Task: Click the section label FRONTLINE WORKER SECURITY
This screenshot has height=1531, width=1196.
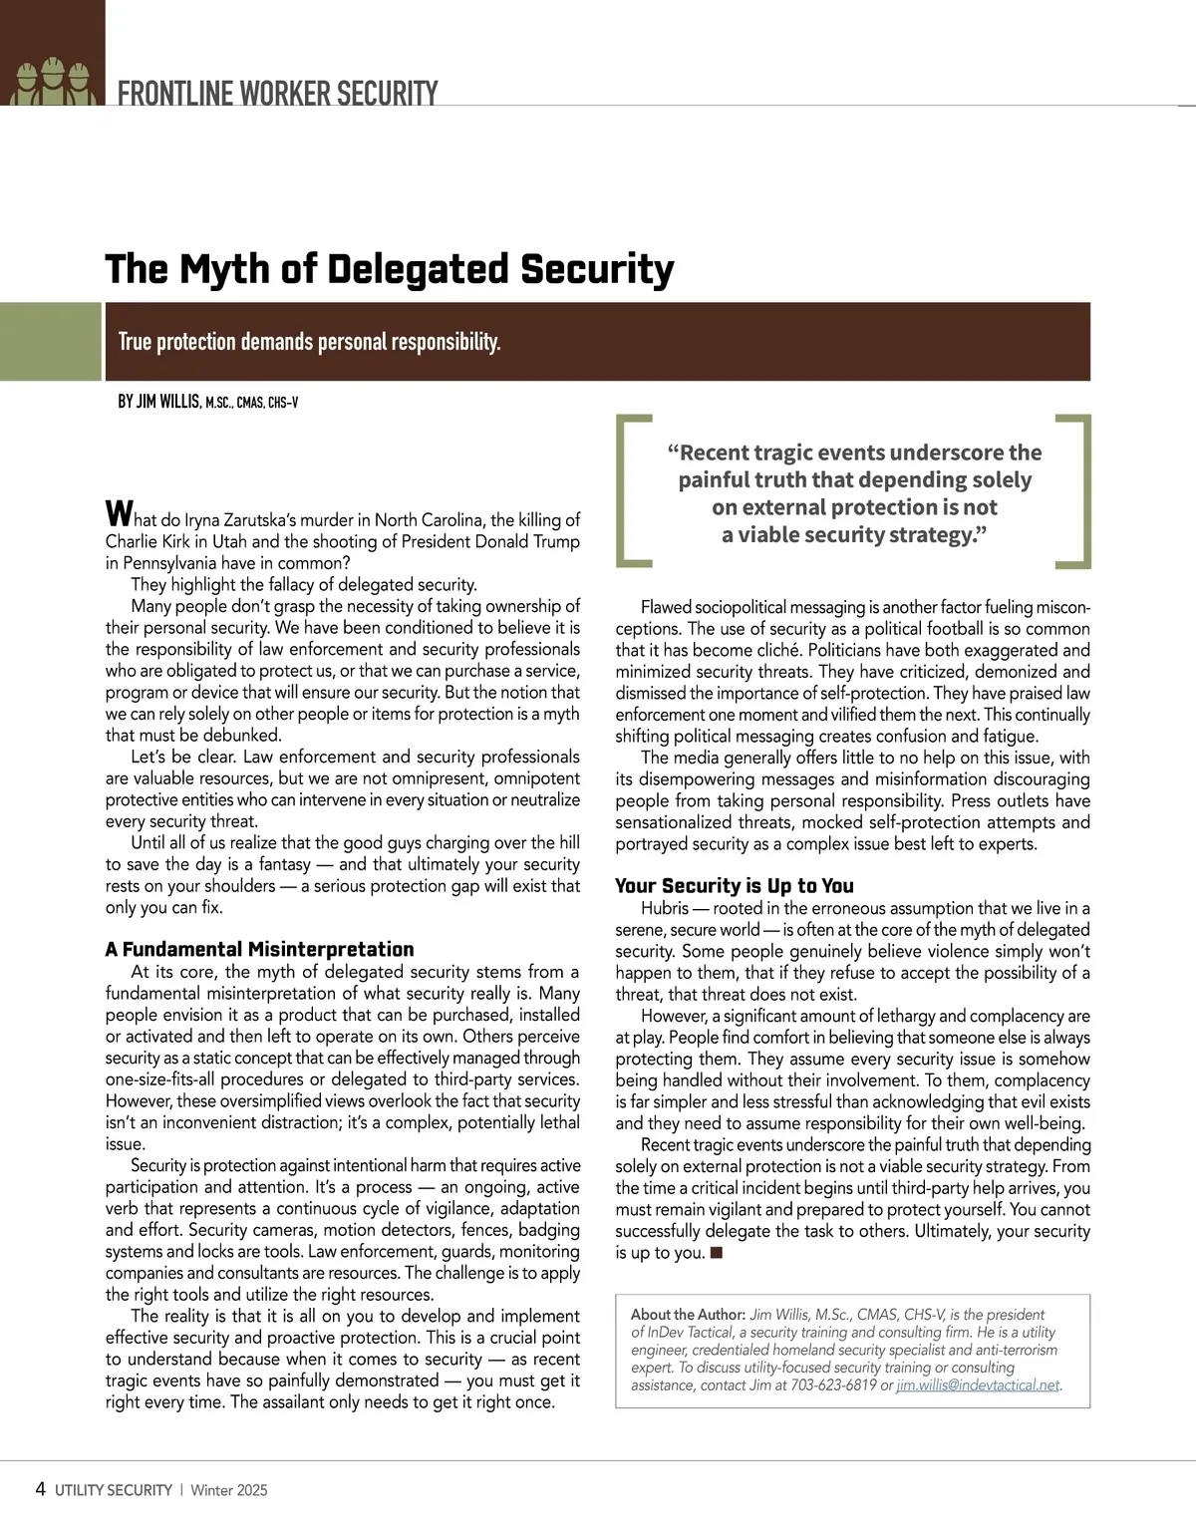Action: point(277,94)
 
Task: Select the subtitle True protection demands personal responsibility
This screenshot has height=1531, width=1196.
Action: point(309,342)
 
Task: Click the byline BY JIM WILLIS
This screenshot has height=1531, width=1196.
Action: point(159,402)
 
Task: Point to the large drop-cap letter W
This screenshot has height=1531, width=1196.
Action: point(118,514)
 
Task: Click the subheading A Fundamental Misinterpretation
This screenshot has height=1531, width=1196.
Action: point(259,949)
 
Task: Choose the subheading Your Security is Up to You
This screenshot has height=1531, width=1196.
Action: point(734,885)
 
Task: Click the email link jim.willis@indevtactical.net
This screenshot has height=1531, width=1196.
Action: point(978,1384)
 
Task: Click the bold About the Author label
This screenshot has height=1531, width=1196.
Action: point(688,1314)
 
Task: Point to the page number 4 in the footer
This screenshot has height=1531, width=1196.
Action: point(40,1489)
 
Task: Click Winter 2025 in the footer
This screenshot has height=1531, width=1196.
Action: point(228,1490)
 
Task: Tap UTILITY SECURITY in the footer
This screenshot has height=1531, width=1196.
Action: point(114,1490)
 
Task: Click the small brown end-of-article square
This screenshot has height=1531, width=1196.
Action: point(716,1252)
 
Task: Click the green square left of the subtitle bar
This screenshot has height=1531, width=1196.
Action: point(51,342)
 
